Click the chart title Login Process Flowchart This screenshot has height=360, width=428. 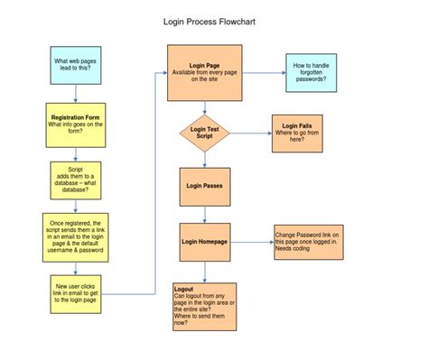coord(214,20)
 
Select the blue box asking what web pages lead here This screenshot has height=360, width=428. coord(75,68)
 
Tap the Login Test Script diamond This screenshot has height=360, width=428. coord(205,134)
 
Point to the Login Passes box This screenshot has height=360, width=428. coord(205,186)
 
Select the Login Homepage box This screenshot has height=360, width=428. coord(205,241)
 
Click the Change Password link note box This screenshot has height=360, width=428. coord(306,242)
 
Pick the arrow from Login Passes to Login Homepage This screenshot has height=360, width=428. coord(205,214)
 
